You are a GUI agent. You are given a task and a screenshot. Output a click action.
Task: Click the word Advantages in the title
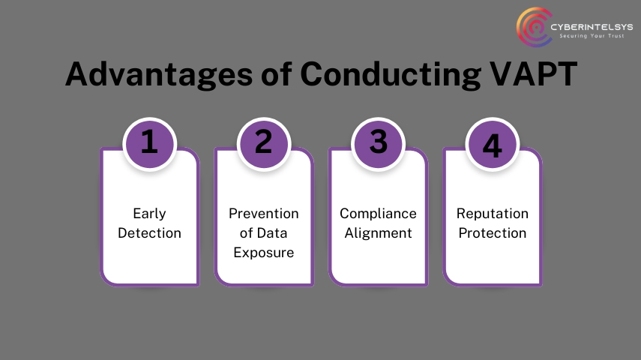coord(159,74)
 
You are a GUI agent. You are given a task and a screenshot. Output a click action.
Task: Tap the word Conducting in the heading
coord(391,74)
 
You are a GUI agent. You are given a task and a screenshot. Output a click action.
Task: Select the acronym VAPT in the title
coord(534,74)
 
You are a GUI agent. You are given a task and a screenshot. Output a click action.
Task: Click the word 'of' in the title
coord(277,74)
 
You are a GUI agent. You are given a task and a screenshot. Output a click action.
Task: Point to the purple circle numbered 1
coord(150,143)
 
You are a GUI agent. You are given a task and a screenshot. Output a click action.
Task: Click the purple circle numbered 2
coord(264,143)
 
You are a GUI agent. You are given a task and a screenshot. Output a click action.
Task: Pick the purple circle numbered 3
coord(378,143)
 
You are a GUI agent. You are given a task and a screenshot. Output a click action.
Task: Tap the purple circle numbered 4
coord(493,143)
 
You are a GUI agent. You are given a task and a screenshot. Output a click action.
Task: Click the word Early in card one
coord(150,214)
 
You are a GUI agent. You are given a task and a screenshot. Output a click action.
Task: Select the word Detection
coord(150,232)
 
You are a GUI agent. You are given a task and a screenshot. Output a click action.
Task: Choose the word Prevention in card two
coord(264,213)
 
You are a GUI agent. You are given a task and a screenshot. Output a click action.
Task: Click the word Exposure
coord(264,253)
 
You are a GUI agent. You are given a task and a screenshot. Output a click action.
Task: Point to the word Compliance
coord(378,214)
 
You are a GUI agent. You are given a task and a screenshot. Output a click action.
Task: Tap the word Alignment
coord(378,233)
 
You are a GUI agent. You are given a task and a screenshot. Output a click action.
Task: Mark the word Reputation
coord(493,214)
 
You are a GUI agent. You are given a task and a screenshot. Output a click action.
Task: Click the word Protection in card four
coord(493,232)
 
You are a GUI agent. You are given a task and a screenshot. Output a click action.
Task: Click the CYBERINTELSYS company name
coord(592,27)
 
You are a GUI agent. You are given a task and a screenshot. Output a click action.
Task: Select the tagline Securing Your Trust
coord(592,36)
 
